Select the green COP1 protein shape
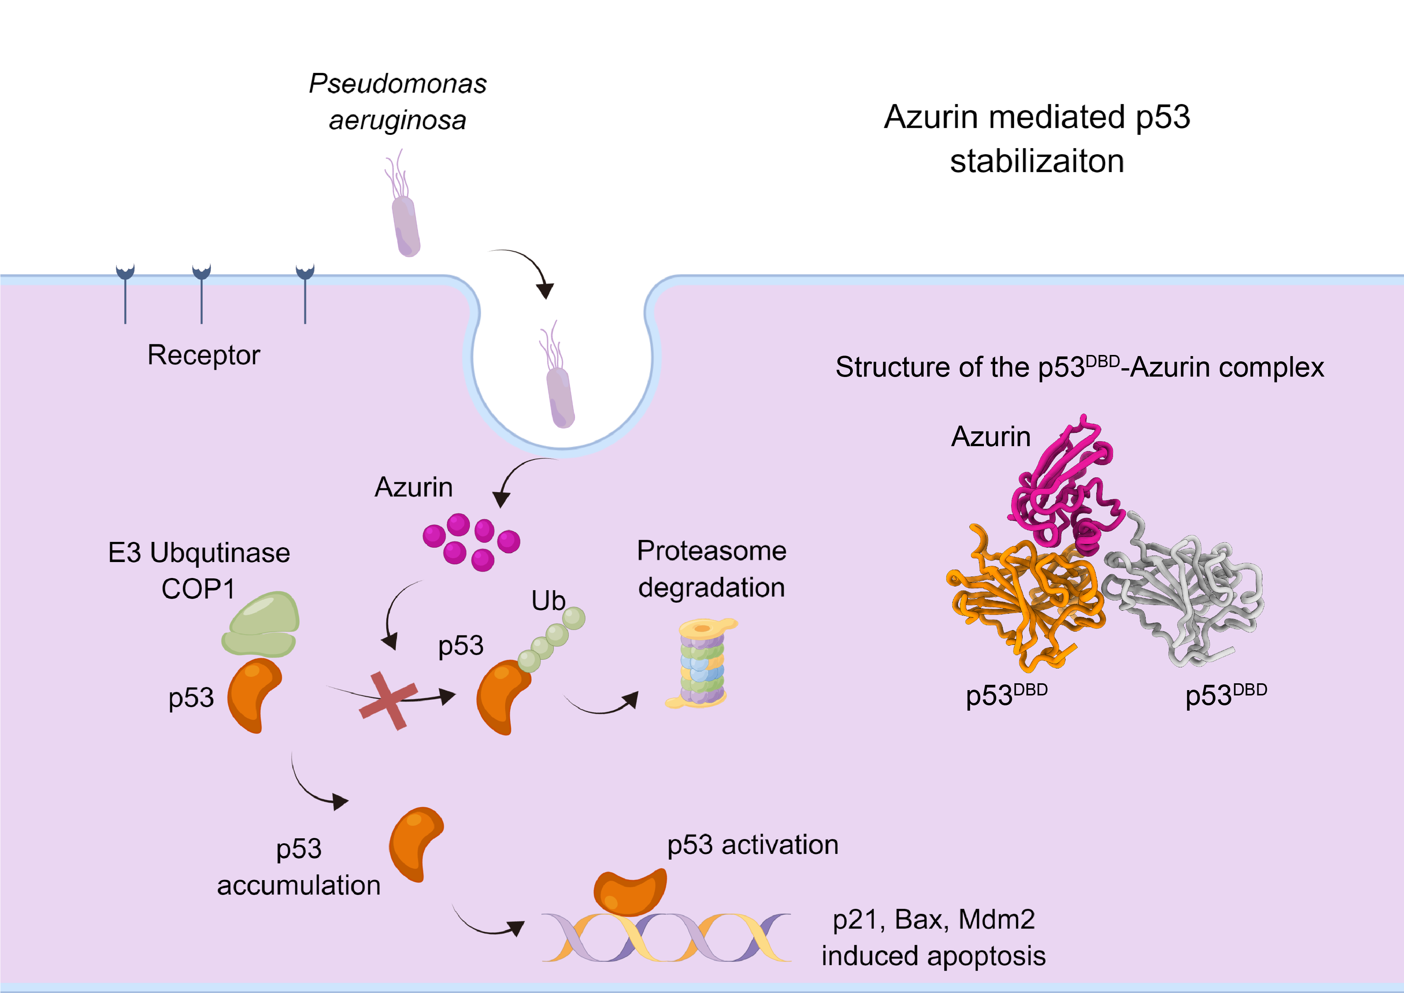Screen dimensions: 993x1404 click(x=261, y=624)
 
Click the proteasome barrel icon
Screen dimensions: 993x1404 click(x=702, y=664)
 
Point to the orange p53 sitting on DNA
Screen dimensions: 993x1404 click(x=630, y=892)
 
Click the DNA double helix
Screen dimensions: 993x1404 click(x=667, y=937)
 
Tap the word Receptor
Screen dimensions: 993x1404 click(x=204, y=355)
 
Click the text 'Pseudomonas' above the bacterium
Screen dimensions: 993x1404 click(x=397, y=84)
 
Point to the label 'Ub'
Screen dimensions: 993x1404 click(x=548, y=601)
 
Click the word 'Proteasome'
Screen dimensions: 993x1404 click(x=711, y=551)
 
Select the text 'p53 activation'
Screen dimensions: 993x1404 click(x=752, y=845)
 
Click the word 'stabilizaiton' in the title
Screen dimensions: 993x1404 click(x=1037, y=162)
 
